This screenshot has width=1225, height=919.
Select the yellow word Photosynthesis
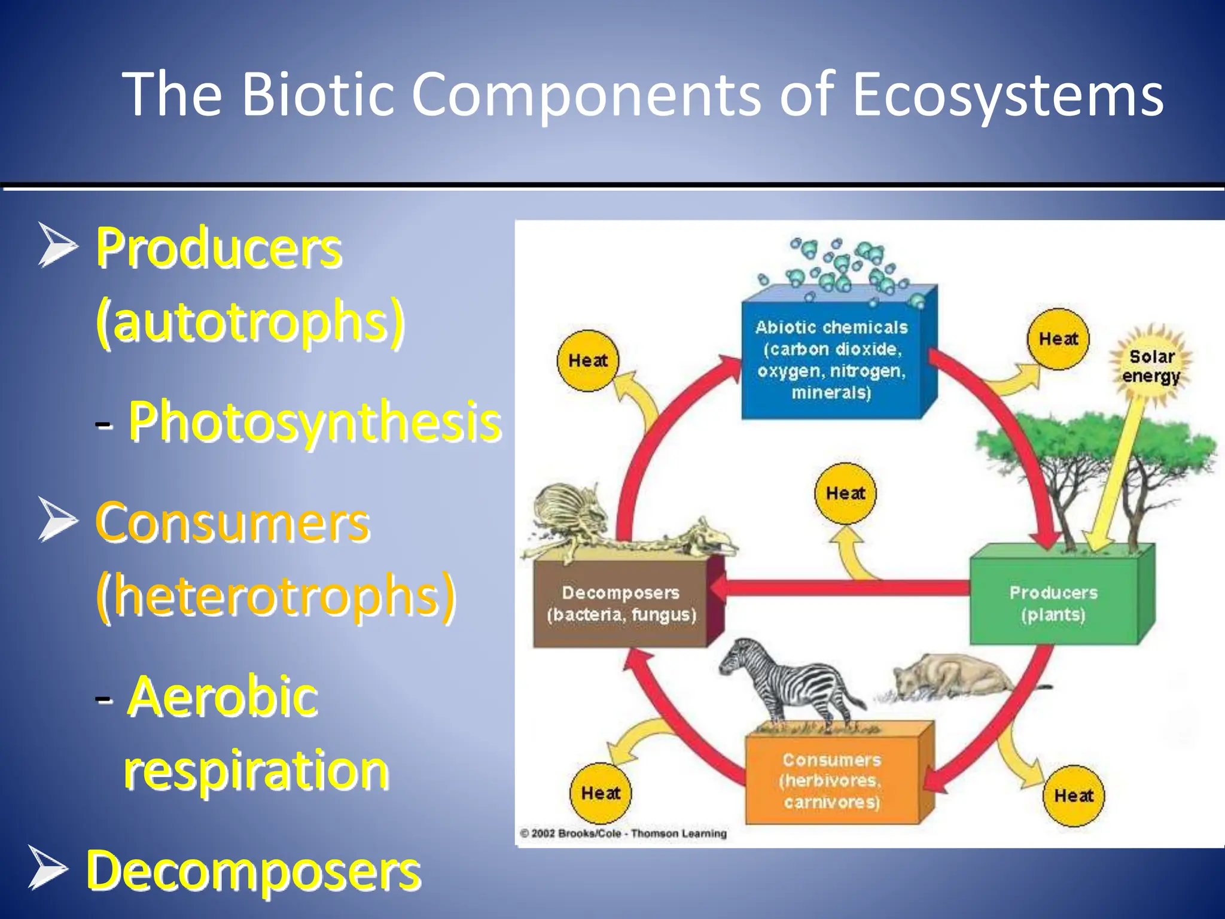315,422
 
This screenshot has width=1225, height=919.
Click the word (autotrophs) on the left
250,322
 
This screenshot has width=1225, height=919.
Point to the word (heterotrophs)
276,596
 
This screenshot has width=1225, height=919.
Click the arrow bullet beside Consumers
57,519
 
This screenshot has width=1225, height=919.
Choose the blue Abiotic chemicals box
831,359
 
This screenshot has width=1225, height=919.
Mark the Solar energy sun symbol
1151,366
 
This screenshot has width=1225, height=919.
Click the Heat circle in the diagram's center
845,493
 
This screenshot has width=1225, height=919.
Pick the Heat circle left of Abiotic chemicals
587,360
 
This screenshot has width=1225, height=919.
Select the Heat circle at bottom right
1073,795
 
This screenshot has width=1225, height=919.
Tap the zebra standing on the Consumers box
790,682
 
